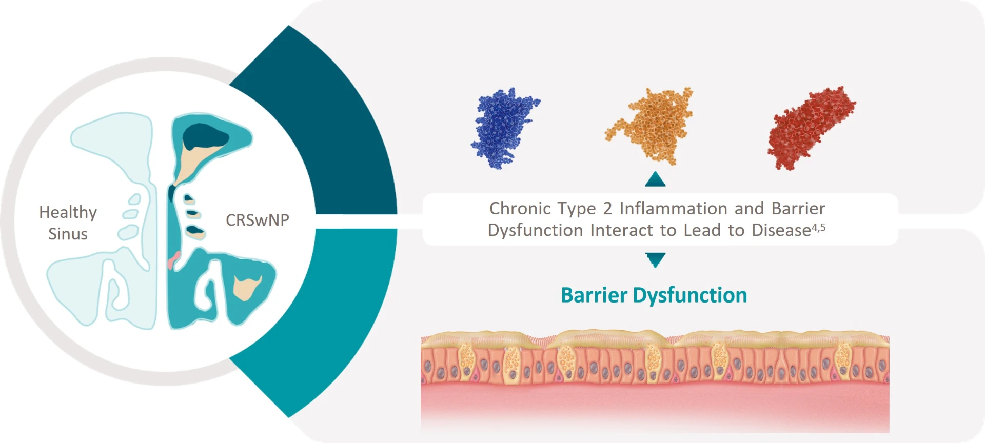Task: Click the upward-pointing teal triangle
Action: tap(655, 179)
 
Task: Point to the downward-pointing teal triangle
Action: tap(655, 259)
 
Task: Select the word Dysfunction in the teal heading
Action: tap(689, 295)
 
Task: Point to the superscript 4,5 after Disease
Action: tap(818, 227)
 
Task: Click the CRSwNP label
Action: tap(258, 220)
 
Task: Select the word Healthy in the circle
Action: tap(68, 212)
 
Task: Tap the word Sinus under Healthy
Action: tap(68, 234)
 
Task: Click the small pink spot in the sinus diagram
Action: tap(173, 260)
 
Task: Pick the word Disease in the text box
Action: tap(781, 231)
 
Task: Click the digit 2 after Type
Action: tap(607, 209)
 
